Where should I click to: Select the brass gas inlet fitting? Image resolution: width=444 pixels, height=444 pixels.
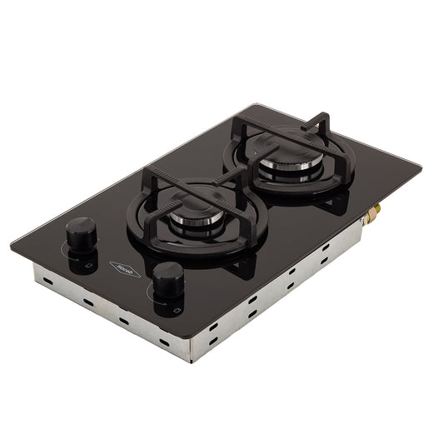coord(372,212)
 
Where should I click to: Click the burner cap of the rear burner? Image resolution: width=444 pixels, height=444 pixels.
coord(281,156)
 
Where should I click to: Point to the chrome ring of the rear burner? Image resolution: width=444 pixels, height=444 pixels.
coord(281,171)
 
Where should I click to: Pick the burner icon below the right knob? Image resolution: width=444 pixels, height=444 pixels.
coord(176,311)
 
